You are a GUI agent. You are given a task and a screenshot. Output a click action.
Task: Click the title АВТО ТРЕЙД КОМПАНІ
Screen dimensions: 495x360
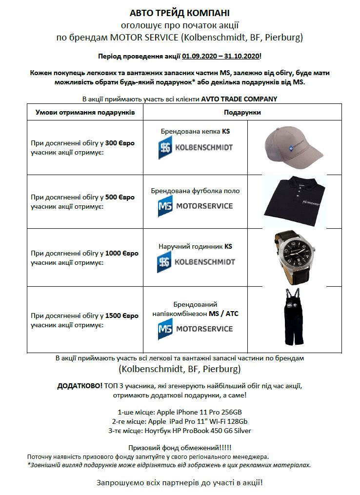click(x=180, y=13)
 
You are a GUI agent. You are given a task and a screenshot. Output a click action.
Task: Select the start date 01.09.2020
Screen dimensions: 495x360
click(x=200, y=56)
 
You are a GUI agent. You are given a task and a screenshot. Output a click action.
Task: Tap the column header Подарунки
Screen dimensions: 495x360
click(x=242, y=113)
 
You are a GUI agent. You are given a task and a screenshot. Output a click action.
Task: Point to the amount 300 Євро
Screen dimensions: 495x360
click(x=120, y=143)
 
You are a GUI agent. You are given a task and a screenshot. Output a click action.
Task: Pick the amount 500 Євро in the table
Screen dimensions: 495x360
click(x=120, y=198)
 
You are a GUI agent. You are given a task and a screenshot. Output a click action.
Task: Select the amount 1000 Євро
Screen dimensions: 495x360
click(x=122, y=254)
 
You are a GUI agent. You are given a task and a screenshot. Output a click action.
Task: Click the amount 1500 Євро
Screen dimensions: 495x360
click(x=122, y=316)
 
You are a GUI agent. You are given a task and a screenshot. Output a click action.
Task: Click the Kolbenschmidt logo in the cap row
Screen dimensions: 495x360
click(x=195, y=147)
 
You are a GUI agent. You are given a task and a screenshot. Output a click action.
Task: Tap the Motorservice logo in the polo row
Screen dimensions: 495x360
click(x=195, y=206)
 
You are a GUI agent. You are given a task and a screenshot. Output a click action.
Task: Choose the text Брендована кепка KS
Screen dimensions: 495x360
click(x=195, y=132)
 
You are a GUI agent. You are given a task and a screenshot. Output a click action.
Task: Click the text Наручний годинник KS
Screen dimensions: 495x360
click(x=195, y=246)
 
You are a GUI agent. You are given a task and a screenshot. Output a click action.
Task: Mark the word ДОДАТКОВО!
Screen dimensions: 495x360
click(x=80, y=386)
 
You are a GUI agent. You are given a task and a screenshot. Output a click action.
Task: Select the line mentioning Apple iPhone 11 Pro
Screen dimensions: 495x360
click(x=180, y=412)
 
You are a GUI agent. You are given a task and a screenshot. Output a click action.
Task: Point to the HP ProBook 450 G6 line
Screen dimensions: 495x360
click(x=180, y=431)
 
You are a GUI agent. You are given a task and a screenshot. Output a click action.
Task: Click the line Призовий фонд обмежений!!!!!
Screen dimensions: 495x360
click(x=180, y=448)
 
